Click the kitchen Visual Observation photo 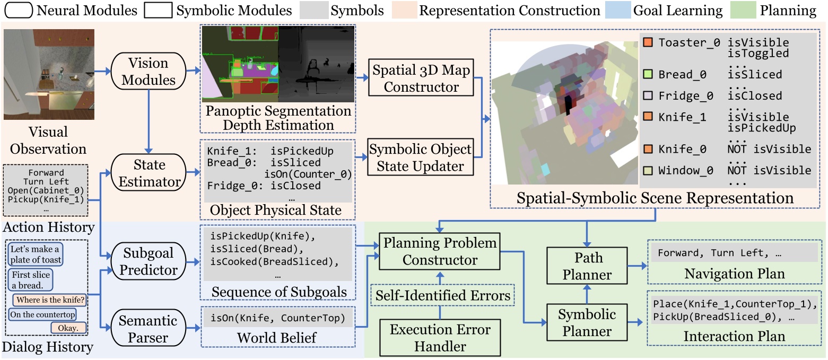point(49,74)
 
